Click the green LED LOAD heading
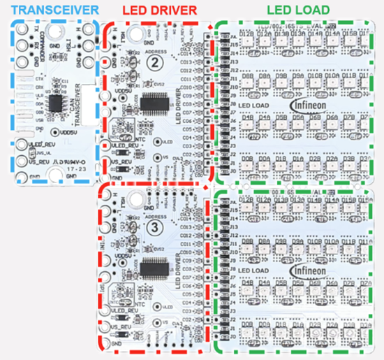click(x=297, y=10)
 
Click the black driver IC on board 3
click(x=154, y=268)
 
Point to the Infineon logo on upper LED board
click(x=309, y=105)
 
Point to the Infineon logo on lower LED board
click(x=309, y=270)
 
